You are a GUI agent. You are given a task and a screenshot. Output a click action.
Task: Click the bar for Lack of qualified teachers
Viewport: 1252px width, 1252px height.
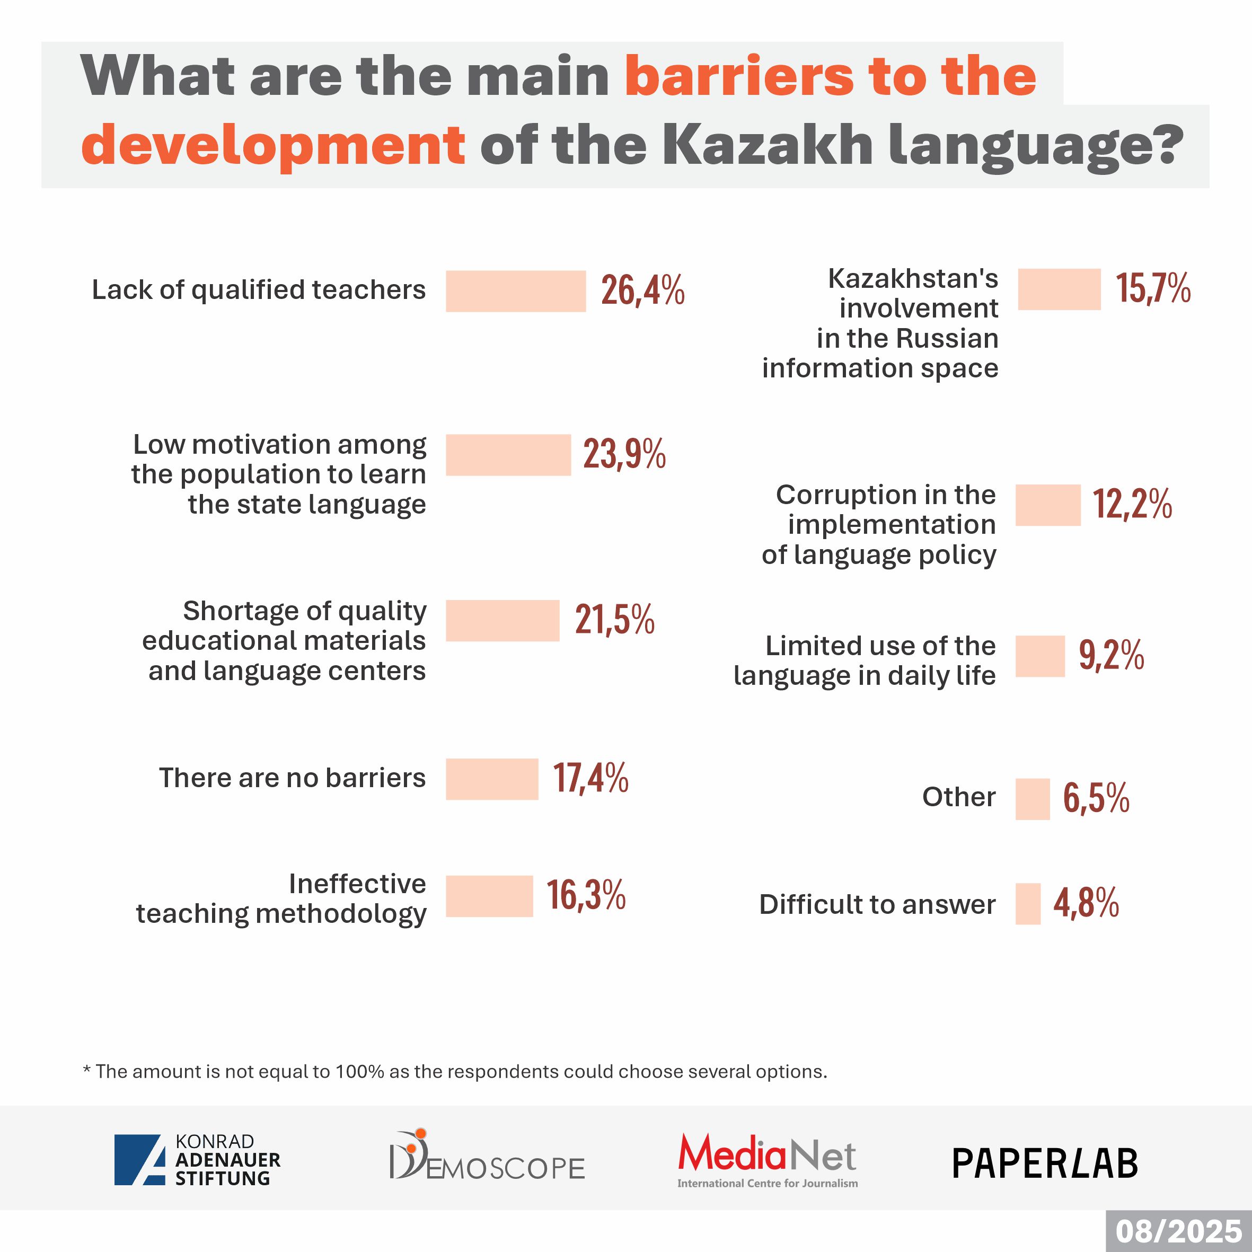(x=515, y=291)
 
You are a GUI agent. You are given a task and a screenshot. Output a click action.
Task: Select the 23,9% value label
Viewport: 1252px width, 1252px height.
(x=624, y=454)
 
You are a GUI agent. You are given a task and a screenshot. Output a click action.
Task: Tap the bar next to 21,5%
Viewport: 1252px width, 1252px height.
(x=502, y=620)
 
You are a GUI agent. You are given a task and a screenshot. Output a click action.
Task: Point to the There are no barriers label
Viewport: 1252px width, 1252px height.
(x=292, y=778)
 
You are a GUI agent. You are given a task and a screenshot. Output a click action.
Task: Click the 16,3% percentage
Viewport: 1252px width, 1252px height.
(x=586, y=896)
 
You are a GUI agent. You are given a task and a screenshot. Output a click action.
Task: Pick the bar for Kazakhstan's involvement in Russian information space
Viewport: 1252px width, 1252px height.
(x=1059, y=289)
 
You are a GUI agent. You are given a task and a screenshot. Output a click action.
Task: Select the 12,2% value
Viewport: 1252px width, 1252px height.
(x=1132, y=504)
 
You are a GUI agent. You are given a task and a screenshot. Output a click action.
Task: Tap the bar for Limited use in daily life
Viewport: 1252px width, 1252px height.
(x=1039, y=656)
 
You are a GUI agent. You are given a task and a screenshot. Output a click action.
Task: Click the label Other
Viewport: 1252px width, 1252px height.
(x=958, y=797)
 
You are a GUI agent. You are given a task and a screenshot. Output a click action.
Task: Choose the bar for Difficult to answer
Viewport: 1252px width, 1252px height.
(x=1027, y=903)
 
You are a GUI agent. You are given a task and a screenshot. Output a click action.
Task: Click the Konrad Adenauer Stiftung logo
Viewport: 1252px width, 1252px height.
(x=198, y=1160)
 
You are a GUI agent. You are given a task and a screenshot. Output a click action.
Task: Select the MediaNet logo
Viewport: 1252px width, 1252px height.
(x=768, y=1160)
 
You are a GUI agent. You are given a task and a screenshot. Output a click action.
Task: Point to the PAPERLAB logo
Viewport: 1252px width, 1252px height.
(x=1045, y=1163)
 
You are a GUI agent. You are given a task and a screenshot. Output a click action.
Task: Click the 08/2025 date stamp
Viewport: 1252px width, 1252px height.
(x=1178, y=1232)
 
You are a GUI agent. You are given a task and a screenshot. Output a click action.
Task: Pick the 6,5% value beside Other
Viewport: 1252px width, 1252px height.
(x=1096, y=798)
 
